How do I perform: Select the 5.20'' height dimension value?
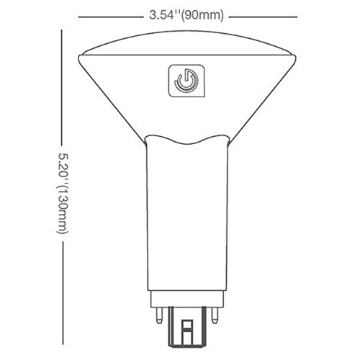[x=62, y=166]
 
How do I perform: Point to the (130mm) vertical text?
[x=62, y=209]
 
